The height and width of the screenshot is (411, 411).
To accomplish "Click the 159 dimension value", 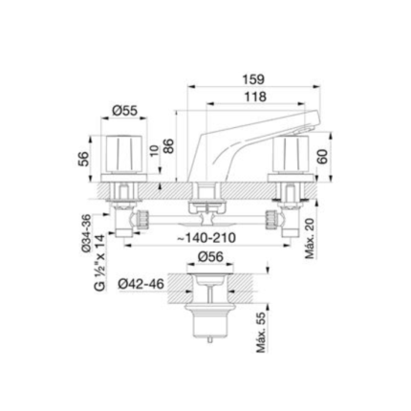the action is (x=253, y=79).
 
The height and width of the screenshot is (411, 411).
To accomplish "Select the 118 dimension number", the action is (x=255, y=97).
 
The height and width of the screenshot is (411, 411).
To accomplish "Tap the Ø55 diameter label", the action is (x=124, y=111).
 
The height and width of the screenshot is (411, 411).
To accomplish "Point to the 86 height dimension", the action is (x=169, y=146).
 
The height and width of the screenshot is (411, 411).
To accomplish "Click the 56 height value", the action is (x=83, y=159).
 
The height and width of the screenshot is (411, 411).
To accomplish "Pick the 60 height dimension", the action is (x=322, y=156).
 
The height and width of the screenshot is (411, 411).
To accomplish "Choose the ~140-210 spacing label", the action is (x=206, y=237).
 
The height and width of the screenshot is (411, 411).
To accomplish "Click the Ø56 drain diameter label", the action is (x=210, y=257).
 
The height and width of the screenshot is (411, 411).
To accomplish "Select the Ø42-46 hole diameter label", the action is (x=141, y=284).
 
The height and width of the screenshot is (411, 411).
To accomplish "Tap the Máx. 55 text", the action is (x=261, y=332).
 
